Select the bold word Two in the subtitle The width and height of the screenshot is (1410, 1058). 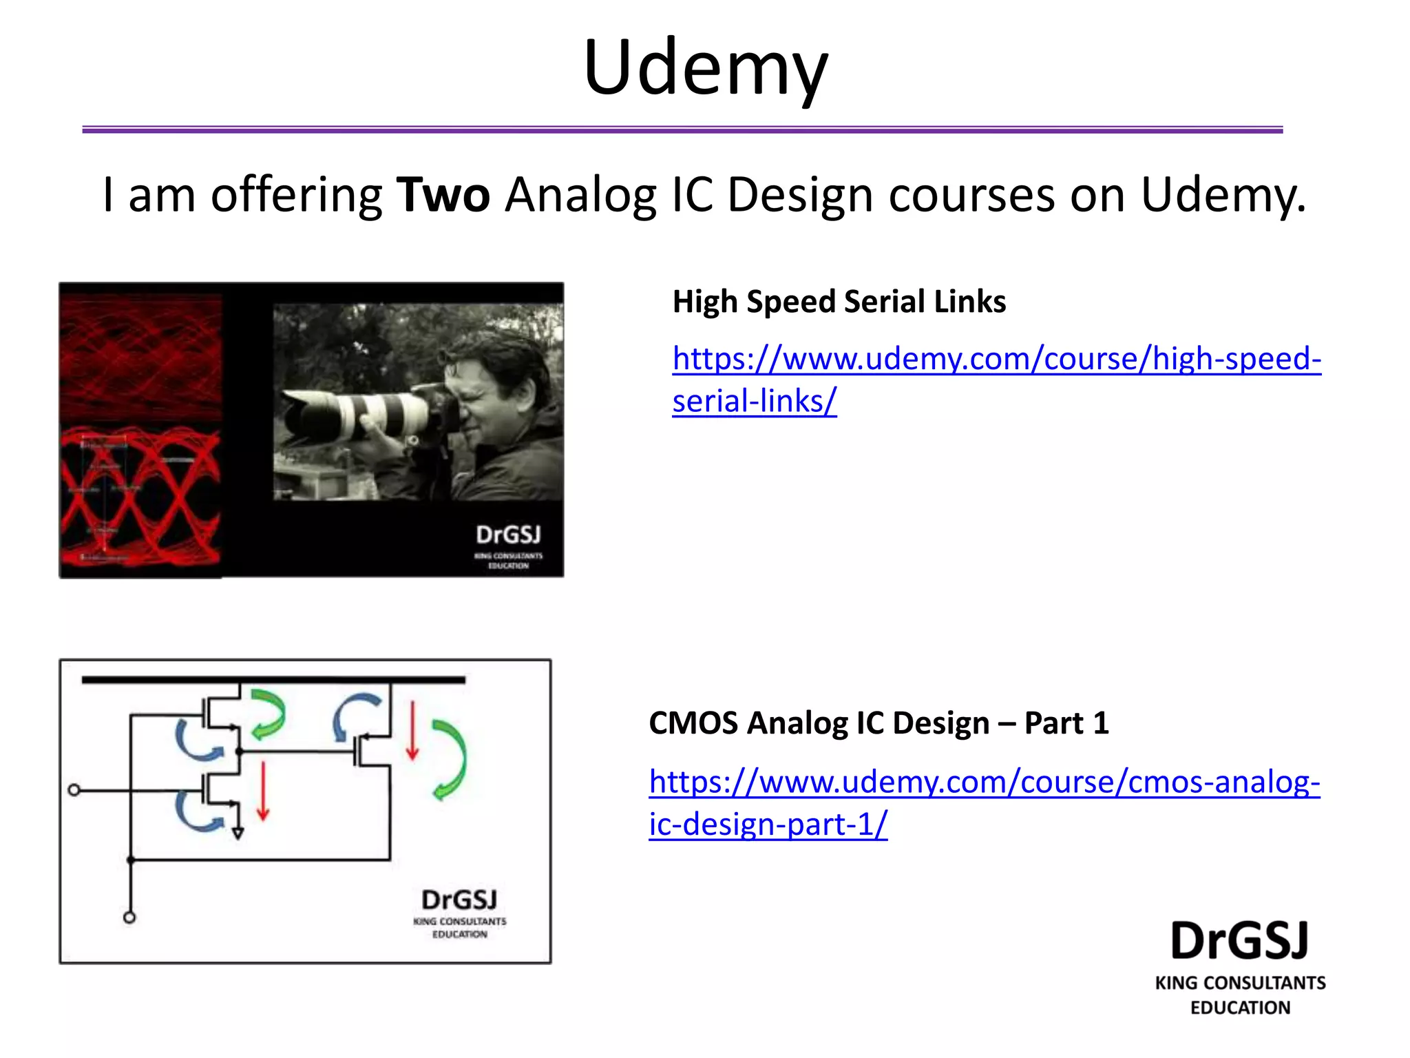click(x=443, y=195)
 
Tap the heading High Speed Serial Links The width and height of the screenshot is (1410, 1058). click(x=839, y=302)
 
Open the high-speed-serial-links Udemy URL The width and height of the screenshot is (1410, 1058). click(x=996, y=359)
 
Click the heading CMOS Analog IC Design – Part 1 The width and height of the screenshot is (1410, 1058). click(x=878, y=723)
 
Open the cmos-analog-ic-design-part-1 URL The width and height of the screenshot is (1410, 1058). click(x=984, y=782)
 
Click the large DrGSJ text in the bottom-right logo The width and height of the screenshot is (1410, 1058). click(x=1239, y=941)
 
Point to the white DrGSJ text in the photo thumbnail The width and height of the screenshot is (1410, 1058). click(x=508, y=535)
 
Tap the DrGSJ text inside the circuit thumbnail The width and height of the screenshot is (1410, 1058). click(x=459, y=900)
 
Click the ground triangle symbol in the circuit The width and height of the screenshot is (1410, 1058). click(x=238, y=834)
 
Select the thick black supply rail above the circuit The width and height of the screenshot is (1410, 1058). click(x=273, y=680)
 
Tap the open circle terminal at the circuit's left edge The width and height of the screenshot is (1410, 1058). click(x=74, y=790)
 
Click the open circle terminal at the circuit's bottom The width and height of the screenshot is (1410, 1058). click(x=129, y=917)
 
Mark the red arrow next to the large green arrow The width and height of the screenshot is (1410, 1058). click(x=412, y=730)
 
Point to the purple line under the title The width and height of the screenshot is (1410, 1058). click(x=682, y=129)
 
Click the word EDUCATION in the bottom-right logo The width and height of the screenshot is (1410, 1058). click(x=1240, y=1008)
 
